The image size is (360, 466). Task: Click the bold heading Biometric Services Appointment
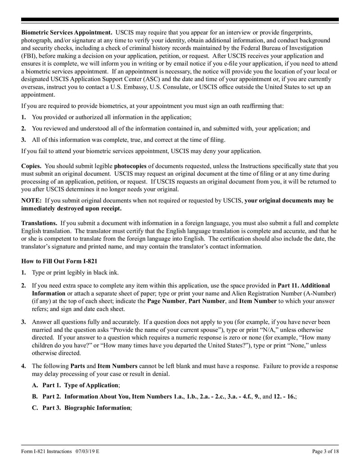pyautogui.click(x=67, y=33)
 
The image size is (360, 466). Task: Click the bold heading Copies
pyautogui.click(x=31, y=166)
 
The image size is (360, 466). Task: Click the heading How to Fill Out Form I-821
pyautogui.click(x=59, y=261)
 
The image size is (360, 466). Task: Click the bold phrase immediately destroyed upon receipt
pyautogui.click(x=71, y=208)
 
